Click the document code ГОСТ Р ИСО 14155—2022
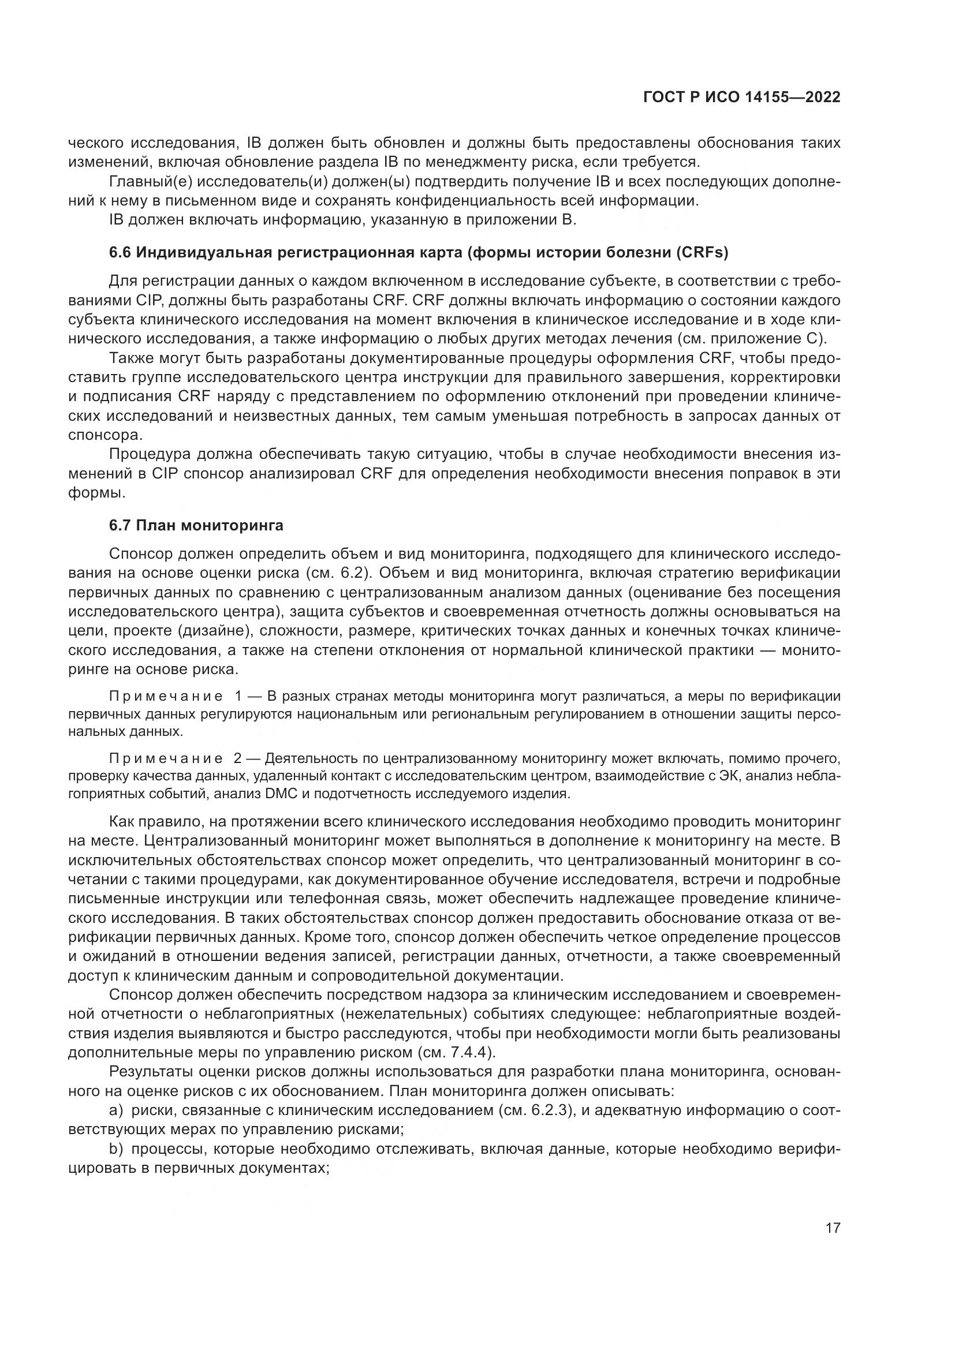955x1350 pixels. [741, 98]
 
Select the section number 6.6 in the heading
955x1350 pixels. [121, 253]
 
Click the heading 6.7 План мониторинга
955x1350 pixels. [196, 525]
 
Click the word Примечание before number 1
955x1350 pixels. [166, 697]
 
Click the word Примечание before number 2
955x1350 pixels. [166, 759]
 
